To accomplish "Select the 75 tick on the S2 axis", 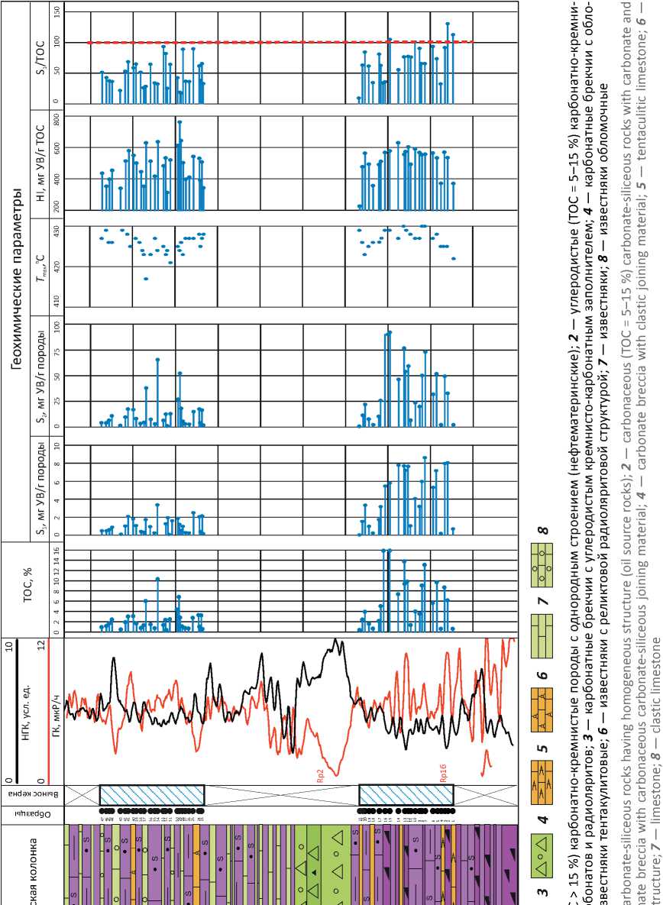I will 57,351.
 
